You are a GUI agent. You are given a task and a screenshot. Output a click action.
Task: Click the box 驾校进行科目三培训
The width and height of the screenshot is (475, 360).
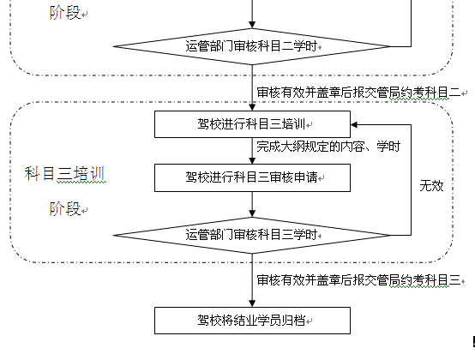pos(252,124)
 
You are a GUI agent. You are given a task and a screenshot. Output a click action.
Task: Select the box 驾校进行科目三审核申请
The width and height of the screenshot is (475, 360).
pos(252,178)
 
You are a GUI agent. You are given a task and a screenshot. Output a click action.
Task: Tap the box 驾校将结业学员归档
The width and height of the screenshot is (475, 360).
pos(252,321)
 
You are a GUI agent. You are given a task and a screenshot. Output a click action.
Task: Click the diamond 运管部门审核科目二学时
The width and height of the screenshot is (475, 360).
pos(252,46)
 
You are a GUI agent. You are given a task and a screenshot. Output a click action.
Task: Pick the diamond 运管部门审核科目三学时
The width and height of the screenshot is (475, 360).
pos(252,235)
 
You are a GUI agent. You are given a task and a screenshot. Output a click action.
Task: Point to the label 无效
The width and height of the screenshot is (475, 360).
pos(431,186)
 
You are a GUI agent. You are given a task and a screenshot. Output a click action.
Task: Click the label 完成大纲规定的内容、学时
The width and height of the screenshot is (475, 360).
pos(328,147)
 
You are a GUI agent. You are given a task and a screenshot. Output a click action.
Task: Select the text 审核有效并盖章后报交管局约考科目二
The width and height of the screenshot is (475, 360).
pos(358,93)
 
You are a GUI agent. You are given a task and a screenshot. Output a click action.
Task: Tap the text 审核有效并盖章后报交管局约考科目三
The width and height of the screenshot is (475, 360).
pos(358,280)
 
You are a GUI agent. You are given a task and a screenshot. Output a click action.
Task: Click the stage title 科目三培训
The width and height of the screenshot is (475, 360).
pos(64,174)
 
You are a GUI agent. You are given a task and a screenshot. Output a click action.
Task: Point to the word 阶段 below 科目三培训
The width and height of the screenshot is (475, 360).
pos(65,209)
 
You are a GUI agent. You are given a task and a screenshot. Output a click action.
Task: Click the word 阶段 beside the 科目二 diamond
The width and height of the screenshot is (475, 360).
pos(65,13)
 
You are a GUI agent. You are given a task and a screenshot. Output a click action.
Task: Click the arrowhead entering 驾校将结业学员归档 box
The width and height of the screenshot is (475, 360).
pos(252,303)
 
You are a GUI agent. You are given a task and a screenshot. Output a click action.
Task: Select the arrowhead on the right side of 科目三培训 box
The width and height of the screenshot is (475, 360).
pos(354,124)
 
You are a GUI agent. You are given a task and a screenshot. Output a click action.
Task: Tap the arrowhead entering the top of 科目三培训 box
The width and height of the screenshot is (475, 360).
pos(252,107)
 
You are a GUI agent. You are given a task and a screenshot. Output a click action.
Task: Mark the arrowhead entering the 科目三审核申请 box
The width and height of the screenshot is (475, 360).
pos(252,160)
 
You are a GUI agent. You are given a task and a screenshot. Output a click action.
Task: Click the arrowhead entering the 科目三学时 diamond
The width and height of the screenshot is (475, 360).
pos(252,213)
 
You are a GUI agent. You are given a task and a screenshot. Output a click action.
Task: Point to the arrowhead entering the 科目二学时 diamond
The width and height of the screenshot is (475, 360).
pos(252,25)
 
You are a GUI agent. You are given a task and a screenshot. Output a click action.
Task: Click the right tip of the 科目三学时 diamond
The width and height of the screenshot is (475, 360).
pos(391,235)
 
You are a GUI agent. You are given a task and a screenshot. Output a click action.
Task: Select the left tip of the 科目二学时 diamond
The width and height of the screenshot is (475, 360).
pos(113,46)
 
